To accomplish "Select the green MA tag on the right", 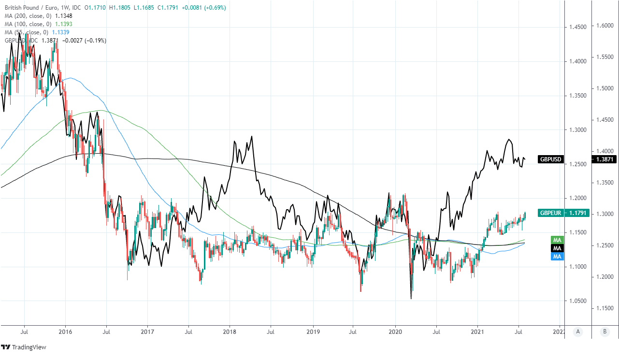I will pos(557,240).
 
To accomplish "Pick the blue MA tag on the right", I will pos(557,256).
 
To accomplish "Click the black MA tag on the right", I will pos(557,248).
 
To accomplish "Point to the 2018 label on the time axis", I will pos(230,332).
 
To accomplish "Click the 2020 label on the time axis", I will pos(395,332).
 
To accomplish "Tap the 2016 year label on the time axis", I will pos(65,332).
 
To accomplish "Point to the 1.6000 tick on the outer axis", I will pos(604,26).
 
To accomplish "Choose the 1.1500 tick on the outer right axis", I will pos(604,308).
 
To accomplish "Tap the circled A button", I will pos(577,332).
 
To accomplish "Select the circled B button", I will pos(604,332).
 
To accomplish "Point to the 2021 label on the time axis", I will pos(477,332).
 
